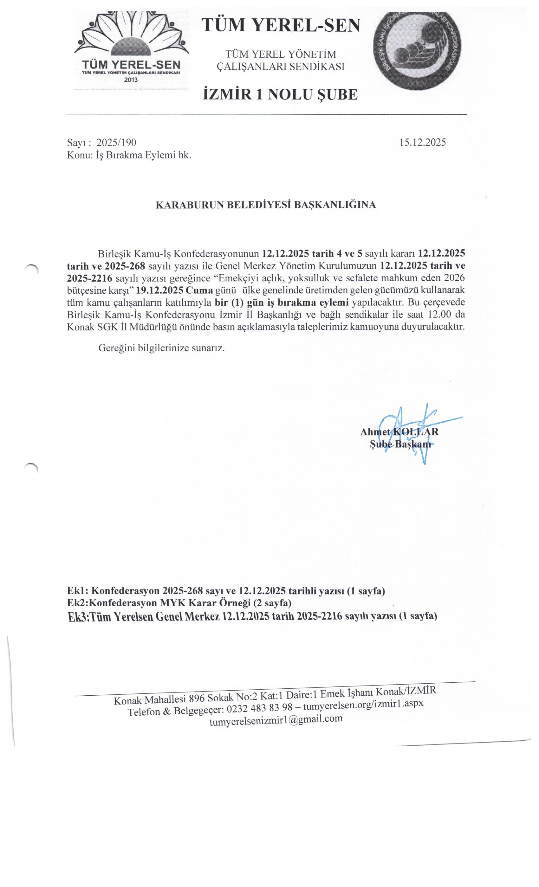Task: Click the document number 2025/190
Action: tap(116, 143)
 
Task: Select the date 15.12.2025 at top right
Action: tap(422, 142)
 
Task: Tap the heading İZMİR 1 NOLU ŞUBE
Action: tap(280, 95)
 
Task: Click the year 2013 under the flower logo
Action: tap(131, 80)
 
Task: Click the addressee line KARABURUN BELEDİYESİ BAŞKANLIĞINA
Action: tap(265, 205)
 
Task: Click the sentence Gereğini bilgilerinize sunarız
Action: tap(161, 348)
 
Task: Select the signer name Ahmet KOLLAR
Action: tap(399, 432)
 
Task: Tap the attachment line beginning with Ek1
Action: tap(226, 591)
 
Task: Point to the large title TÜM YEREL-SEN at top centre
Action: tap(281, 26)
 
